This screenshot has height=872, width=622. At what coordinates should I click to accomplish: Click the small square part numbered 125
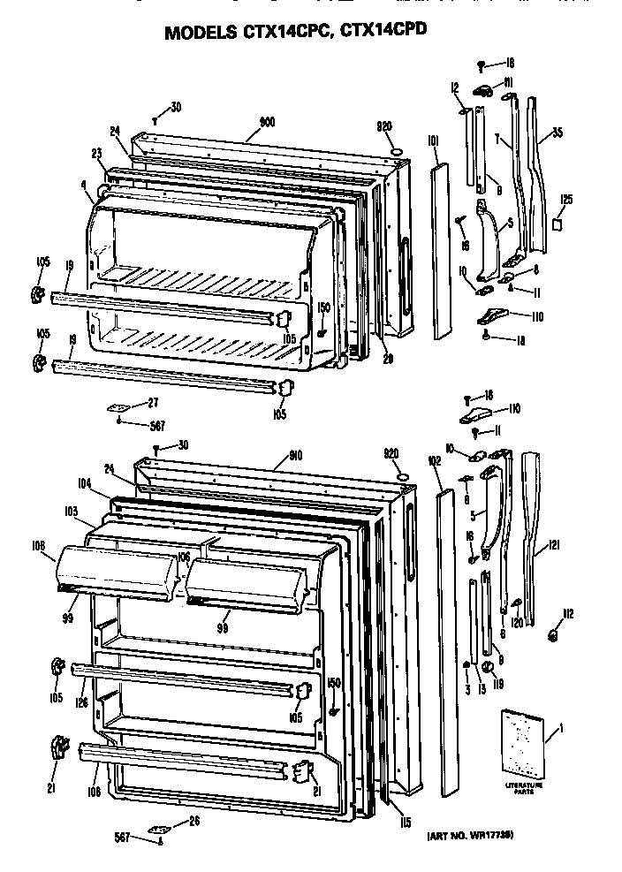coord(557,224)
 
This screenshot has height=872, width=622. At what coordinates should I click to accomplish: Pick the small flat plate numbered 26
coord(159,829)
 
